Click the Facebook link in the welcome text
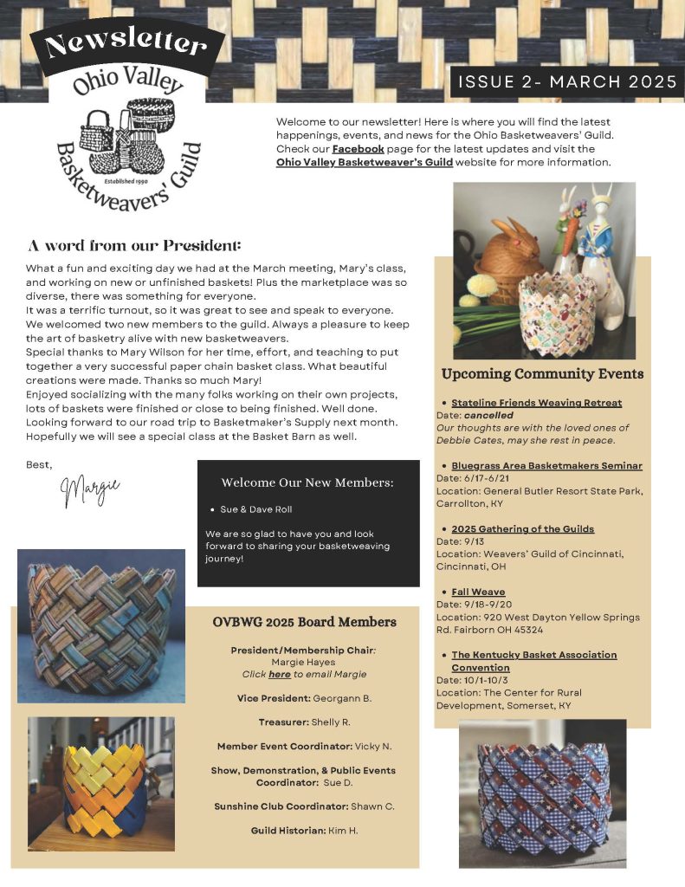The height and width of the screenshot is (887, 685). coord(358,149)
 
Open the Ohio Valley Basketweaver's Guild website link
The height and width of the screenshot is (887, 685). coord(364,162)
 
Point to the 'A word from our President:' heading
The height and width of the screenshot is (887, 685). coord(134,245)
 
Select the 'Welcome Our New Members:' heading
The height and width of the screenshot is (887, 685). coord(307,482)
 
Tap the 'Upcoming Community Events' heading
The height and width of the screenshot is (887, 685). coord(542,374)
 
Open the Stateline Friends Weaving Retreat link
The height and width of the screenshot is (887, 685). coord(536,403)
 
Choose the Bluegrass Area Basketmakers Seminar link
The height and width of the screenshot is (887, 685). coord(546,466)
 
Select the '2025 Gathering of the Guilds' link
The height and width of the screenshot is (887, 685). coord(522,528)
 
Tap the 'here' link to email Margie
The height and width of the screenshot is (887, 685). coord(279,674)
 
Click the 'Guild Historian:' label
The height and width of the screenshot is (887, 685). coord(288,831)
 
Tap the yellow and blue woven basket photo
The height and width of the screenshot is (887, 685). coord(102,784)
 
